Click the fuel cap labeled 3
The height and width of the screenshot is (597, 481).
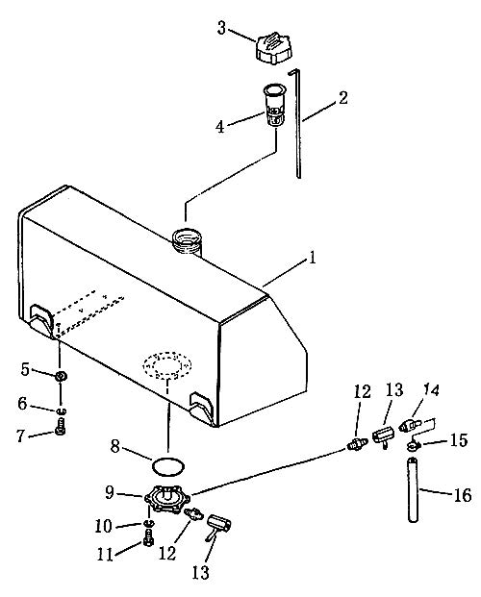[273, 48]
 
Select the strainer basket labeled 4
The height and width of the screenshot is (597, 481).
[273, 105]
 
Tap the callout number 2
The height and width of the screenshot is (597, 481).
[343, 98]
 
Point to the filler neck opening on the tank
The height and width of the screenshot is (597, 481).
[187, 241]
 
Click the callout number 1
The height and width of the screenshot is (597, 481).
[312, 259]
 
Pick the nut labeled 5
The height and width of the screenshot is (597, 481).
[61, 377]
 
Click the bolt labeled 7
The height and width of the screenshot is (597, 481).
[61, 426]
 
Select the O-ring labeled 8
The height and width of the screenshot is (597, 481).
[168, 465]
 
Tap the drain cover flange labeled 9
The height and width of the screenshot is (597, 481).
[167, 498]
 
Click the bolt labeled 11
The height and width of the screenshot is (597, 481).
[149, 541]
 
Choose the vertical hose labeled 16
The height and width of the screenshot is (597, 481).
[413, 490]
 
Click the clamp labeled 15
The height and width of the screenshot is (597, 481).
[412, 444]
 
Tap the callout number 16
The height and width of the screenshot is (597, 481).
[462, 495]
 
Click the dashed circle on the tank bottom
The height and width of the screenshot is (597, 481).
[167, 364]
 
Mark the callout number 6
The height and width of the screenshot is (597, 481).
[22, 404]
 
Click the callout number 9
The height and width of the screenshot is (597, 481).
[110, 492]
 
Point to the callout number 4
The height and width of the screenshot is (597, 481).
[220, 127]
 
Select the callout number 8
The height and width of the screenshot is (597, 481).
[114, 446]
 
